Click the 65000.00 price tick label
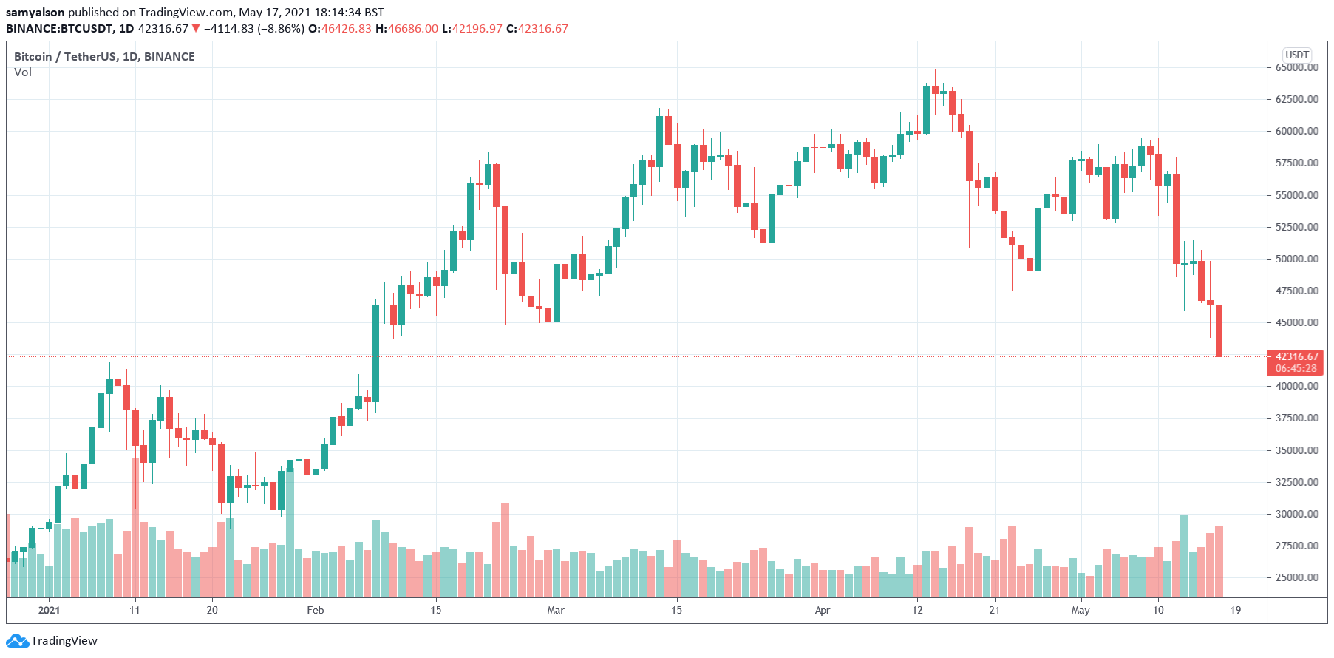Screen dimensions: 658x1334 [1296, 67]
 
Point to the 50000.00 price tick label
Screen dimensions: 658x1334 [1296, 259]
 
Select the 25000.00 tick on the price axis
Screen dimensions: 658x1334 [1296, 577]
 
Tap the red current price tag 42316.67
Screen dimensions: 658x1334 [1296, 356]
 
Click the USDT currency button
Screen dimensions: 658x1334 [1297, 55]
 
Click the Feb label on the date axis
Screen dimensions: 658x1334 [316, 610]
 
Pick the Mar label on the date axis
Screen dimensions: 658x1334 [556, 610]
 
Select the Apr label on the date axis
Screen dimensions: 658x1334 [823, 610]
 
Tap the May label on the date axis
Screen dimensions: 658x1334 [1081, 610]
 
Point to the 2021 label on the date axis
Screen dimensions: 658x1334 [49, 610]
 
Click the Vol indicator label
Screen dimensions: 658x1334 [23, 72]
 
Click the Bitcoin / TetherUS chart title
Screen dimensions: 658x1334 [104, 57]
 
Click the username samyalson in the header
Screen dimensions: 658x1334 [35, 13]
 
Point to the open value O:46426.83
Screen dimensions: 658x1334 [340, 29]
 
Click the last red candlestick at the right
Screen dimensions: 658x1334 [1219, 330]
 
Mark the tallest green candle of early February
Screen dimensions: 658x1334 [375, 353]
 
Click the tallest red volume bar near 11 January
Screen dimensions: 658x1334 [135, 526]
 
